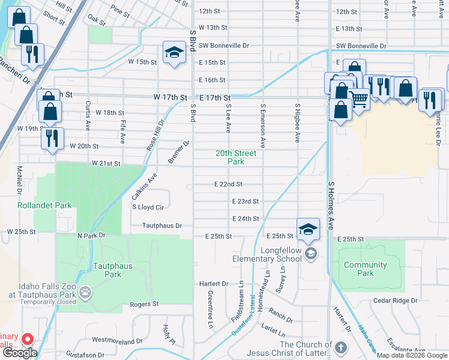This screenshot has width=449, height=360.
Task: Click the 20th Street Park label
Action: [x=236, y=157]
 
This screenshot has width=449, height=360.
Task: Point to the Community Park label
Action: [x=365, y=269]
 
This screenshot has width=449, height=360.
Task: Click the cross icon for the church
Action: [x=340, y=348]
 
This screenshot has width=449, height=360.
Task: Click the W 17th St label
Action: [x=170, y=97]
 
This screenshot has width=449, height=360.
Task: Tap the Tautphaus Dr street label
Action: [x=161, y=226]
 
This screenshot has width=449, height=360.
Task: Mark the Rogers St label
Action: [x=144, y=304]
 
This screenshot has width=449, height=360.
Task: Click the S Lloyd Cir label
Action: [x=148, y=207]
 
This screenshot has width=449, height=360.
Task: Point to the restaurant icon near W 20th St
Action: [x=52, y=138]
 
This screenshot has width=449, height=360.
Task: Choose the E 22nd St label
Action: [x=228, y=184]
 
